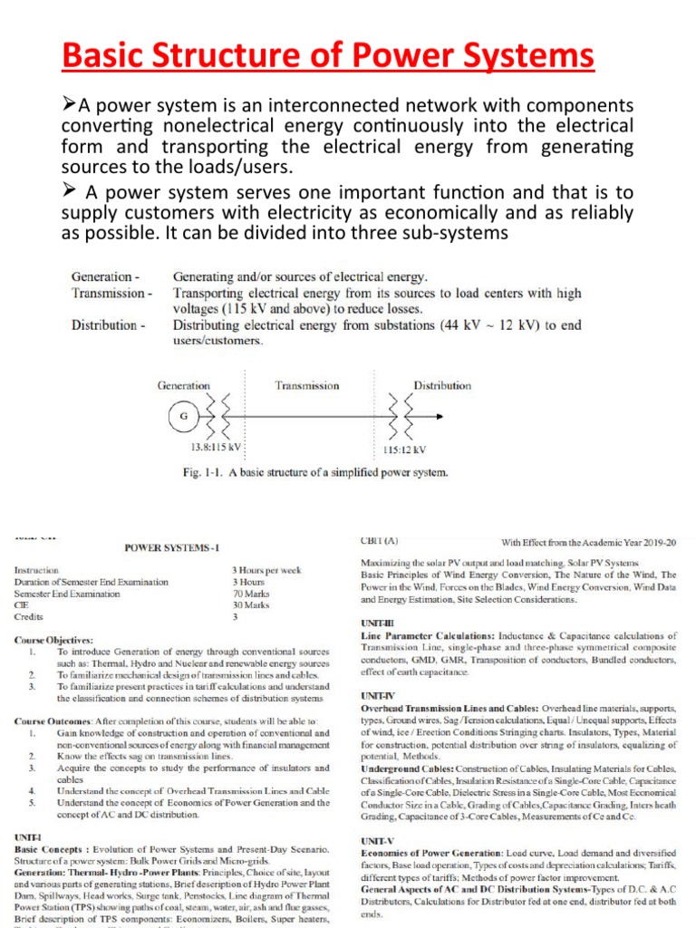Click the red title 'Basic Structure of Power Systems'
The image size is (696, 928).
tap(329, 57)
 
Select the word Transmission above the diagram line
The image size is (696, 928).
tap(307, 385)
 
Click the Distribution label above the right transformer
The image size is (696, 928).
tap(442, 385)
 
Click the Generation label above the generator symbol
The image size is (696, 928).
tap(184, 385)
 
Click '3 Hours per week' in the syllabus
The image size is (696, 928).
tap(266, 570)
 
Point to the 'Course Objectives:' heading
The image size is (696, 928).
tap(53, 640)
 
